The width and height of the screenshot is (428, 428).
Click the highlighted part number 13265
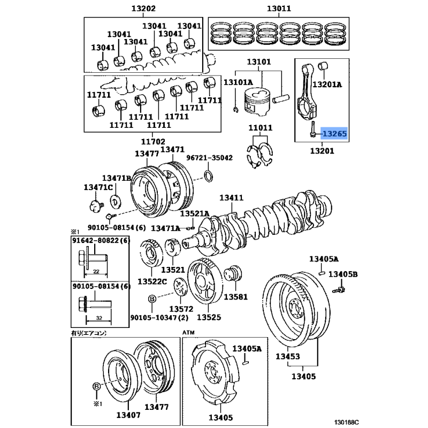[334, 134]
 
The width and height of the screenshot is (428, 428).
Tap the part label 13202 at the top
[143, 9]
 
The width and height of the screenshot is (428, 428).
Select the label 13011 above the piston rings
[279, 9]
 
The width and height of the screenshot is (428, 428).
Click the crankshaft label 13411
[232, 197]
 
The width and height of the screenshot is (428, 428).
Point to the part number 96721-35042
[210, 158]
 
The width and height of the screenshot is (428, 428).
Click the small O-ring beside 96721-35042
[209, 176]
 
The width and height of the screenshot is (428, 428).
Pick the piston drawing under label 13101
[257, 102]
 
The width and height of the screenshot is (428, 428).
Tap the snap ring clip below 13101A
[236, 110]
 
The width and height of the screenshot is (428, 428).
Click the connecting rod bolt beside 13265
[313, 129]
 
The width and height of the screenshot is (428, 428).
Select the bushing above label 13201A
[323, 66]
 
